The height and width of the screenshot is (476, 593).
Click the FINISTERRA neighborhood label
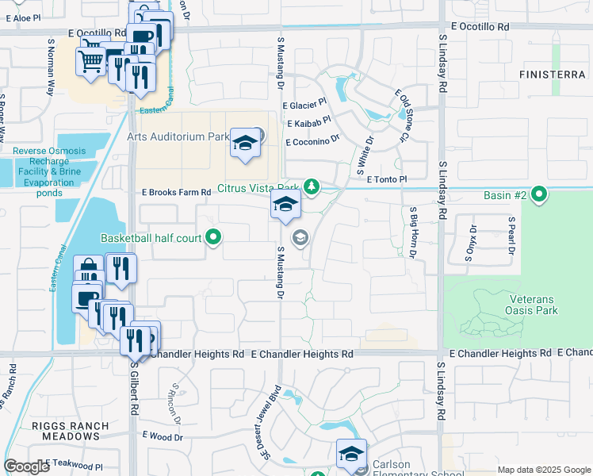[x=553, y=74]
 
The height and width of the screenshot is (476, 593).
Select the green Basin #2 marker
[x=540, y=194]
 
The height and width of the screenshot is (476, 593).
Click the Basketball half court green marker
[x=212, y=237]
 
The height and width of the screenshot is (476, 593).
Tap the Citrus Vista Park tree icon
[x=312, y=188]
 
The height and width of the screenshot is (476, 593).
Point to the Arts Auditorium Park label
[x=178, y=136]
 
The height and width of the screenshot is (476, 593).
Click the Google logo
[x=26, y=466]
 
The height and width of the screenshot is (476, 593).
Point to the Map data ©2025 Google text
[x=542, y=470]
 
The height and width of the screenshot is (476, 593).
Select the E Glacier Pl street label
[x=304, y=104]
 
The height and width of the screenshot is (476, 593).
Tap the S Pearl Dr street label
[x=511, y=236]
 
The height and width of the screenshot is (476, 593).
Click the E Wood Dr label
[x=163, y=436]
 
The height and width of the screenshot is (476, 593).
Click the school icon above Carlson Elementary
[x=350, y=455]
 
